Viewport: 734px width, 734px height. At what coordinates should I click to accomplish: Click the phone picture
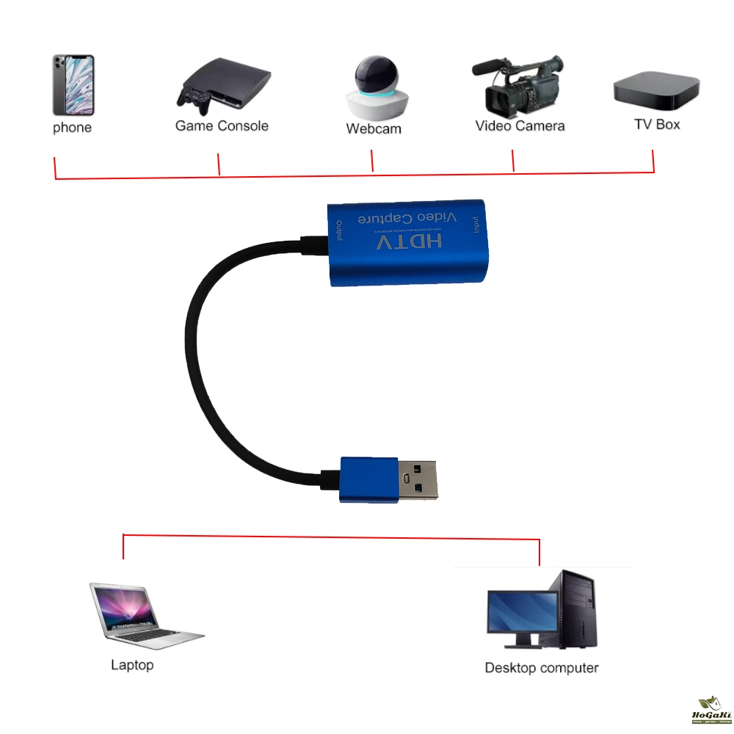coord(73,84)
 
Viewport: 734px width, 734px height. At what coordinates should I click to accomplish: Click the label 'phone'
coord(73,128)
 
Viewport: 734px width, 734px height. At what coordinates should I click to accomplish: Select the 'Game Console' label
coord(222,126)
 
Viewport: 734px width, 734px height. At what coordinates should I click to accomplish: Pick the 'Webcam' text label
coord(374,128)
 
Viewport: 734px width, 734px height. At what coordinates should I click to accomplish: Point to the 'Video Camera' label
coord(520,126)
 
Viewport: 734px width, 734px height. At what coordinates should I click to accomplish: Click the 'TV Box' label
coord(657,124)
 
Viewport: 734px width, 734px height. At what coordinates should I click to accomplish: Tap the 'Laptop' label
coord(132,665)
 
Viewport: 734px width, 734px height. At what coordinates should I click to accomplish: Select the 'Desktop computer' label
coord(541,668)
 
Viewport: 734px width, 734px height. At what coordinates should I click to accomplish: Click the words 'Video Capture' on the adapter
coord(407,218)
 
